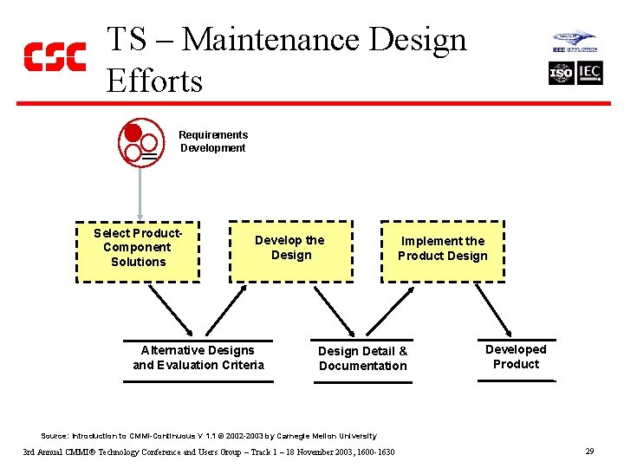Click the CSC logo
[55, 56]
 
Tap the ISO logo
[562, 74]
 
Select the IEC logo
[589, 74]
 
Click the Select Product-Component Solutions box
[138, 251]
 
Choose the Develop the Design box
[290, 251]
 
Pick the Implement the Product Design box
[443, 251]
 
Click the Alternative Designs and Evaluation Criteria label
[198, 357]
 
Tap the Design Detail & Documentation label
[362, 358]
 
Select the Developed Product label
[516, 356]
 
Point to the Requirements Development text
[212, 141]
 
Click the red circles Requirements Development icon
[140, 143]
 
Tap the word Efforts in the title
[154, 81]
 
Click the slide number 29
[589, 452]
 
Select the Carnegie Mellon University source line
[209, 436]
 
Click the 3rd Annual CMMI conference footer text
[209, 452]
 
